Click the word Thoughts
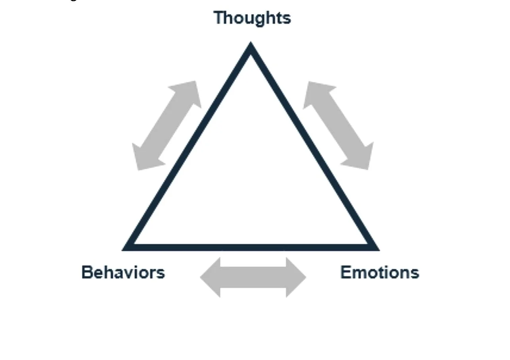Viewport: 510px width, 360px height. point(252,18)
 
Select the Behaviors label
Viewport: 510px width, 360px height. point(123,273)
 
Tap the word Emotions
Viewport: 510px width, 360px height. point(379,273)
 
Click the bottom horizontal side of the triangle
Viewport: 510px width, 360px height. point(250,247)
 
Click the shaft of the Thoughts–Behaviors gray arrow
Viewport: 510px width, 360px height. point(167,126)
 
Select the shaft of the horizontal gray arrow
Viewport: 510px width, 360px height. point(253,277)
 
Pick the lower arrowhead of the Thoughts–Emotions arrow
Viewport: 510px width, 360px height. point(361,159)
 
